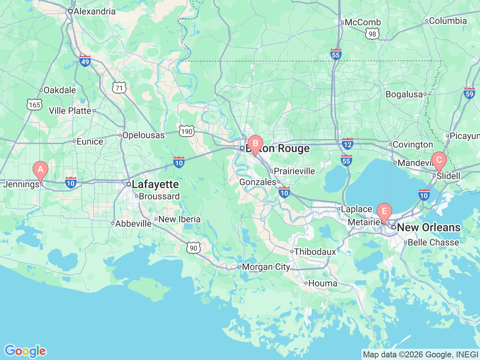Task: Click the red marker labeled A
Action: pyautogui.click(x=40, y=169)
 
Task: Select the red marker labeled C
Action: pyautogui.click(x=439, y=160)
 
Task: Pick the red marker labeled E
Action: pyautogui.click(x=384, y=211)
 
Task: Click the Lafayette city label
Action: pyautogui.click(x=155, y=184)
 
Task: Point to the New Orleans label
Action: pyautogui.click(x=428, y=227)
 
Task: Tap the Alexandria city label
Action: pyautogui.click(x=94, y=11)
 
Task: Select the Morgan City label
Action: pyautogui.click(x=266, y=267)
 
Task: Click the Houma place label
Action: pyautogui.click(x=322, y=283)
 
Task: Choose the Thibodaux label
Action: pyautogui.click(x=315, y=252)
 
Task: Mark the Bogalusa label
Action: pyautogui.click(x=404, y=94)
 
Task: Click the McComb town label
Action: pyautogui.click(x=362, y=22)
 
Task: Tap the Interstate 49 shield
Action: pyautogui.click(x=85, y=61)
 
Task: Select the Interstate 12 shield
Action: pyautogui.click(x=348, y=144)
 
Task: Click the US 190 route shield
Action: pyautogui.click(x=186, y=131)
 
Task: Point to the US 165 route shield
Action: pyautogui.click(x=34, y=105)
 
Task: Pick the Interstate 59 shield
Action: pyautogui.click(x=469, y=93)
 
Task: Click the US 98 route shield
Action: pyautogui.click(x=372, y=34)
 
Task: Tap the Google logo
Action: pyautogui.click(x=25, y=351)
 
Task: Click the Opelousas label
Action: pyautogui.click(x=143, y=135)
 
